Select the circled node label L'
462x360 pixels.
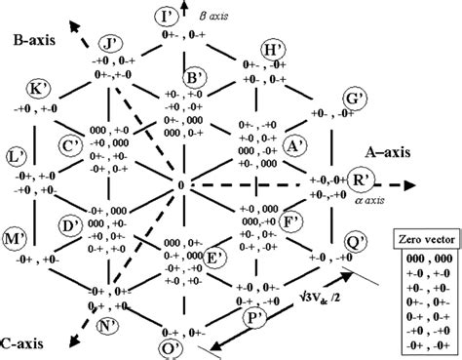coord(17,156)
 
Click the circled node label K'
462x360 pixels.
coord(39,89)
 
